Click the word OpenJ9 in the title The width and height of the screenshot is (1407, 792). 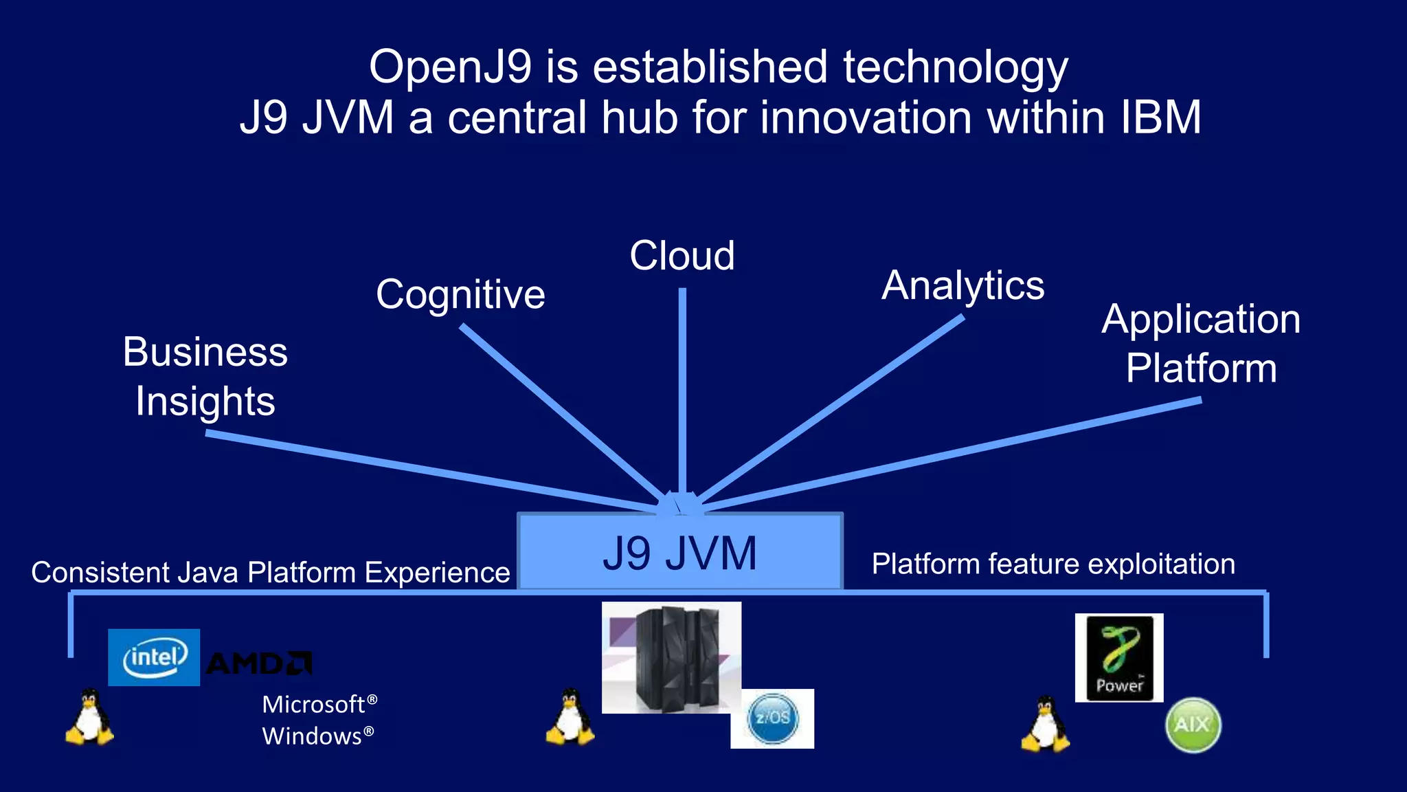[x=450, y=67]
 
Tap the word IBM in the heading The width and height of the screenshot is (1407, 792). [x=1160, y=117]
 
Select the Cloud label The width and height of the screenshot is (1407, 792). [x=682, y=256]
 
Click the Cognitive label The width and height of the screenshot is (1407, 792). [x=460, y=294]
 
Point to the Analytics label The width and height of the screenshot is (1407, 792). [x=963, y=285]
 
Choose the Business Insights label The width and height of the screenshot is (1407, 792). [x=205, y=376]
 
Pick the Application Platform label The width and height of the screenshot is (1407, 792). [x=1201, y=343]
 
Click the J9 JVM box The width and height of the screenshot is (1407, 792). [x=679, y=552]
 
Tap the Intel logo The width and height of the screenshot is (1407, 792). [x=154, y=657]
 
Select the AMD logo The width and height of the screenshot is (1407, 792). [x=258, y=663]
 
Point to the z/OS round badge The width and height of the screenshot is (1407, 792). [x=773, y=718]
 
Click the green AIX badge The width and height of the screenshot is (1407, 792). [x=1193, y=725]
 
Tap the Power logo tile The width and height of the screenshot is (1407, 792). [x=1119, y=657]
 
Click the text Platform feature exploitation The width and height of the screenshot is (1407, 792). [x=1053, y=564]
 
